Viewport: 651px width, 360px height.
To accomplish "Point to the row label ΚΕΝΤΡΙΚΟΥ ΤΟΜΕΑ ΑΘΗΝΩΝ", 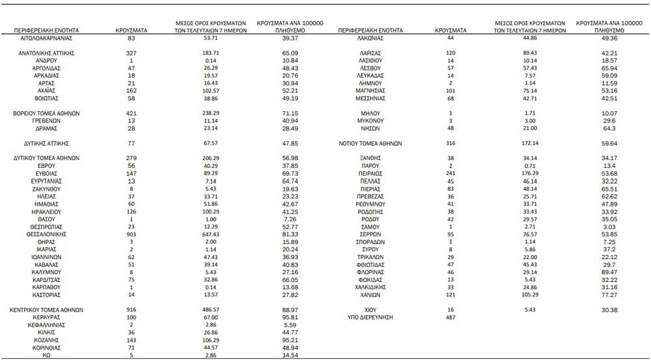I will pyautogui.click(x=46, y=309).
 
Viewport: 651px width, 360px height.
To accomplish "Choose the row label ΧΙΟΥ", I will pyautogui.click(x=370, y=309).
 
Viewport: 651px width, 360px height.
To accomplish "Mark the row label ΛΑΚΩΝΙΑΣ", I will pyautogui.click(x=370, y=38).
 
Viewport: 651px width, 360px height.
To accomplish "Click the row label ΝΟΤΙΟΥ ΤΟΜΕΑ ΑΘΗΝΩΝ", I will pyautogui.click(x=370, y=143).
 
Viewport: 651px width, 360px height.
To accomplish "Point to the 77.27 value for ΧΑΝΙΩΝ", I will pyautogui.click(x=609, y=294).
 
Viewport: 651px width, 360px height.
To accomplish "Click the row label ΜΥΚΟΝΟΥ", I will pyautogui.click(x=370, y=120).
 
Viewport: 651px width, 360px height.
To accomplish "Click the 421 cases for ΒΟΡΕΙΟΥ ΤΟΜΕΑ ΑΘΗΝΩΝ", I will pyautogui.click(x=131, y=113).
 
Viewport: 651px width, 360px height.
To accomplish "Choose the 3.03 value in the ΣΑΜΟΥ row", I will pyautogui.click(x=609, y=226).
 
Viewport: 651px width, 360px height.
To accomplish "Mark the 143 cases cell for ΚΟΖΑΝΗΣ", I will pyautogui.click(x=131, y=339).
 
